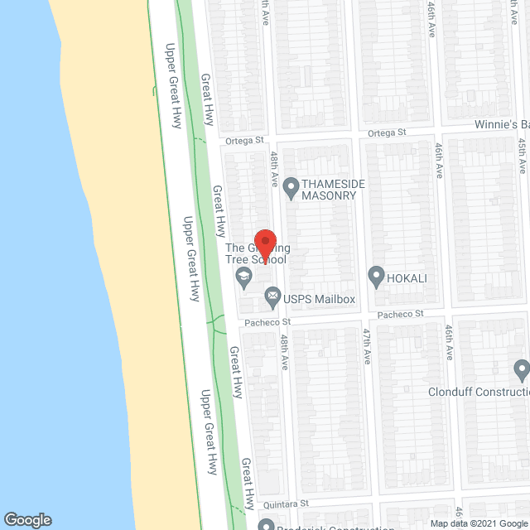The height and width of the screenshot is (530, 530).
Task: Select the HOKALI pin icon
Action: [376, 275]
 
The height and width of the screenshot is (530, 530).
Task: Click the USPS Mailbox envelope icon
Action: [272, 296]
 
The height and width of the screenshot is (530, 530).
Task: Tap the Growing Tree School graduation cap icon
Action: [243, 277]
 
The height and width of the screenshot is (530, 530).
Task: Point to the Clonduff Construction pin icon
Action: [521, 368]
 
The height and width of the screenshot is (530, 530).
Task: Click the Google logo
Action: [26, 519]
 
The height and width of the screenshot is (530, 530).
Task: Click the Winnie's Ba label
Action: [501, 124]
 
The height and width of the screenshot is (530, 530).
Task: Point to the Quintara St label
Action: [287, 503]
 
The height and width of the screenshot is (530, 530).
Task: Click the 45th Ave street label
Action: [523, 155]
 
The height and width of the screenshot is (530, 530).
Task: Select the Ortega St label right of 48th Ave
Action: [387, 132]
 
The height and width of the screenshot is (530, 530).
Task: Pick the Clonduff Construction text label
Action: [478, 393]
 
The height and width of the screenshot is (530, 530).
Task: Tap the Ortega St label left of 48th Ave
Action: [245, 141]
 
